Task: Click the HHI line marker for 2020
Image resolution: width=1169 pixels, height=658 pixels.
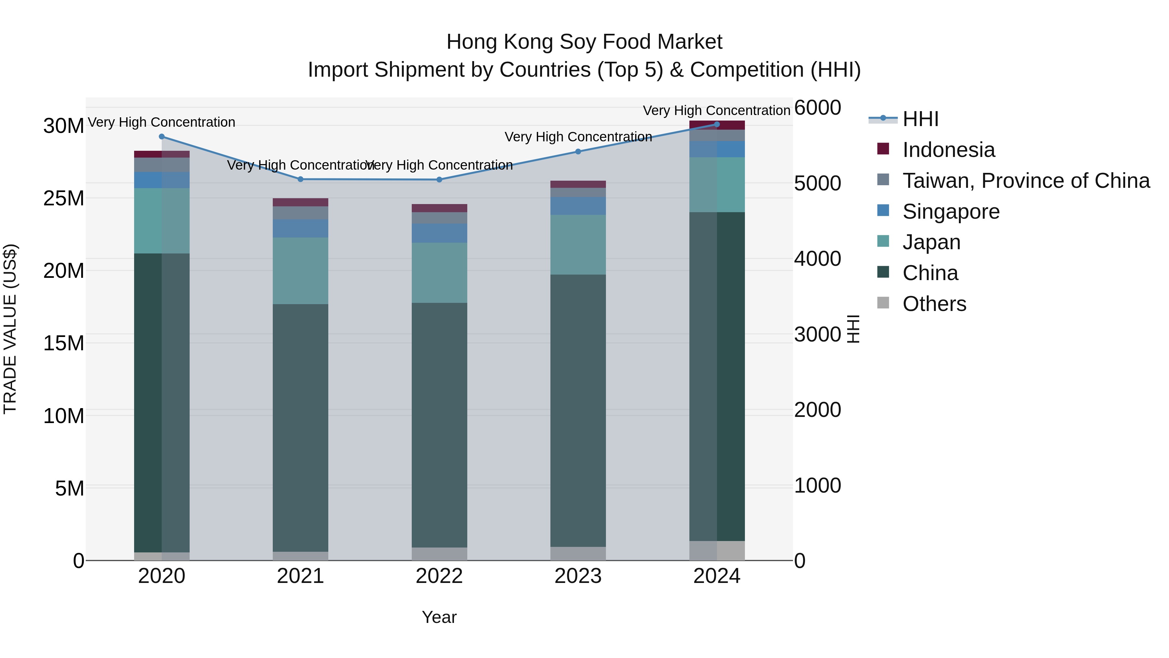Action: coord(162,137)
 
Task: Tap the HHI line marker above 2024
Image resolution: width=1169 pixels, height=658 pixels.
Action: coord(717,124)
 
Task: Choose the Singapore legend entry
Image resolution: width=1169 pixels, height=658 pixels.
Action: coord(951,212)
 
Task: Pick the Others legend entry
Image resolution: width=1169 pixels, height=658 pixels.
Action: coord(934,304)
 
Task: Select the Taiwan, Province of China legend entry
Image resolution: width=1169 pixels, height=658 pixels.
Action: coord(1025,181)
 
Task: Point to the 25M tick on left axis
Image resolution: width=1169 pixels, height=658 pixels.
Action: coord(64,199)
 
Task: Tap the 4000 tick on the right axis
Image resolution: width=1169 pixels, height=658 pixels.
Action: coord(818,259)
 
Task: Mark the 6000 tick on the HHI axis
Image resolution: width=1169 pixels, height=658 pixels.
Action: coord(818,108)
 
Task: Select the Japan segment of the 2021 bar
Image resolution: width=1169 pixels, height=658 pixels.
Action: coord(300,271)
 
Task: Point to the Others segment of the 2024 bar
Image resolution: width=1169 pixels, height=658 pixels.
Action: coord(717,550)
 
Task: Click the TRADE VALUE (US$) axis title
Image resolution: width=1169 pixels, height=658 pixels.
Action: coord(10,329)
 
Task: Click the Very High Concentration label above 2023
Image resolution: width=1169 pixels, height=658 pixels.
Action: coord(578,137)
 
